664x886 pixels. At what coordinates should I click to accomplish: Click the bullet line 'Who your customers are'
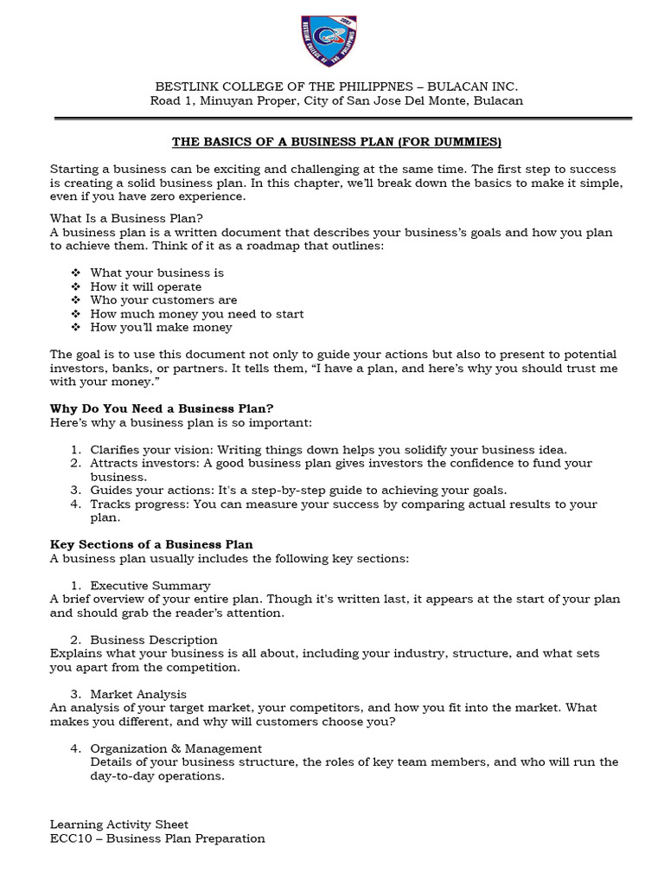(163, 300)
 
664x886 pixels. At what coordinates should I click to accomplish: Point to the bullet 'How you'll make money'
(161, 328)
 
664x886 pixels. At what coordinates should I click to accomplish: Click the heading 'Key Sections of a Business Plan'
(151, 544)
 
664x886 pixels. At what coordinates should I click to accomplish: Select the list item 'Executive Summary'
(150, 586)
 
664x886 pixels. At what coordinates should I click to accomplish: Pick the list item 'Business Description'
(154, 639)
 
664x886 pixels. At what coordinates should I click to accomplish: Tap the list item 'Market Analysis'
(138, 694)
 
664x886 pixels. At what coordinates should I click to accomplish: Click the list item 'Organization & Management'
(176, 748)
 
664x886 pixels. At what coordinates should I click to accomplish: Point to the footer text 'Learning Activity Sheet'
(119, 825)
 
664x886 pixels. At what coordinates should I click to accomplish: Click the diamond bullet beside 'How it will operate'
(75, 286)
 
